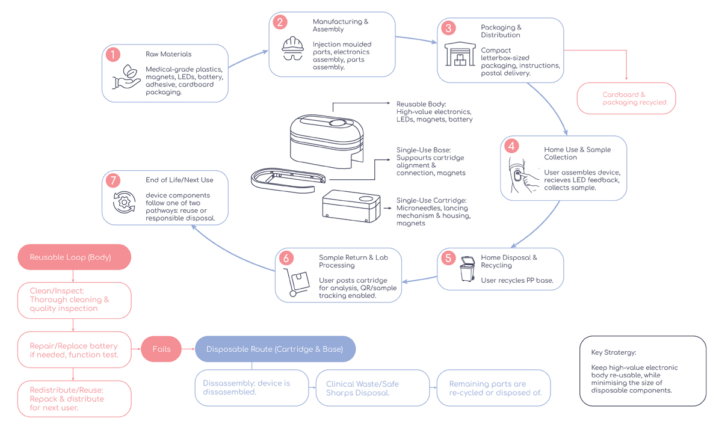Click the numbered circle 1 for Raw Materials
[x=113, y=55]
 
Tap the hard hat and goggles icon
[x=292, y=48]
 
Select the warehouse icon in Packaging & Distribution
[x=460, y=54]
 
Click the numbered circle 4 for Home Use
[x=511, y=146]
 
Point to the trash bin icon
[x=467, y=269]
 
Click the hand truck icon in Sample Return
[x=296, y=282]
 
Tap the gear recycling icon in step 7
[x=124, y=202]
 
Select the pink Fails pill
[x=161, y=349]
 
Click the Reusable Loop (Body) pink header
[x=74, y=257]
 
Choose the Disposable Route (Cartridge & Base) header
[x=276, y=349]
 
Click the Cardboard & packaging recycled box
[x=626, y=98]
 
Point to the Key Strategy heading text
[x=613, y=352]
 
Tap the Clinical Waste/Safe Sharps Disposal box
[x=372, y=388]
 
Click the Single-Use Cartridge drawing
[x=351, y=206]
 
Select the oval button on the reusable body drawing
[x=338, y=123]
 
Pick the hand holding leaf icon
[x=126, y=76]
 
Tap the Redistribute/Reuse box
[x=74, y=399]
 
